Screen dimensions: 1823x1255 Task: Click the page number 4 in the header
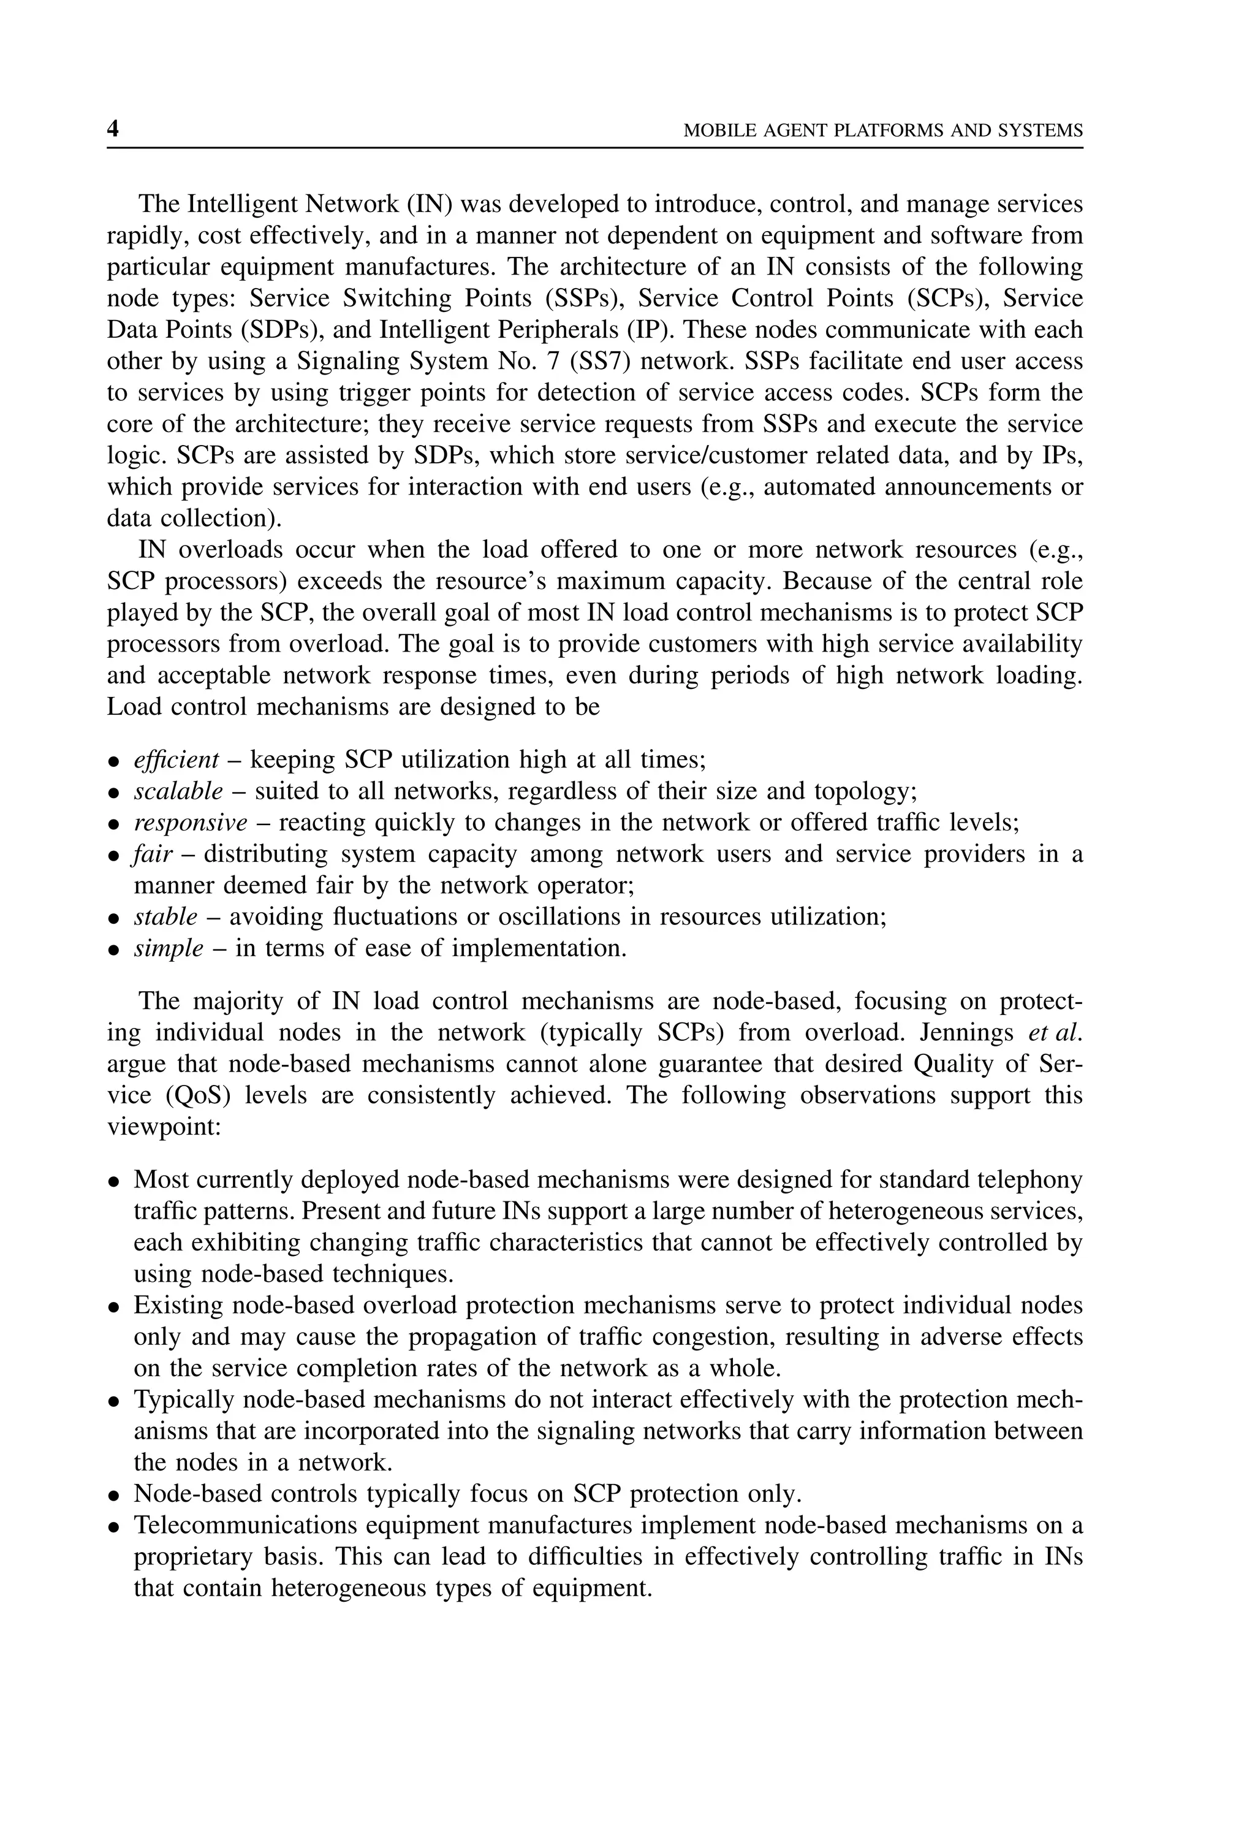pos(113,129)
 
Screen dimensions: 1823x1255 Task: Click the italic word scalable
pos(178,792)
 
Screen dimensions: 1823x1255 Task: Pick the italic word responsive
pos(191,823)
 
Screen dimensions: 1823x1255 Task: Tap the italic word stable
pos(165,918)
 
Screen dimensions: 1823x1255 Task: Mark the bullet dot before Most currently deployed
pos(114,1182)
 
